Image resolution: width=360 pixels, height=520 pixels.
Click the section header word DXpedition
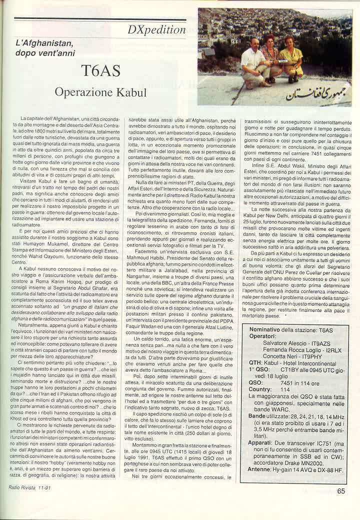click(x=156, y=29)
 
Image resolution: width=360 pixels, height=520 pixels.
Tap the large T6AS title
click(x=102, y=70)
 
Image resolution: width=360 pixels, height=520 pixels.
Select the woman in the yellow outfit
click(x=291, y=59)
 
